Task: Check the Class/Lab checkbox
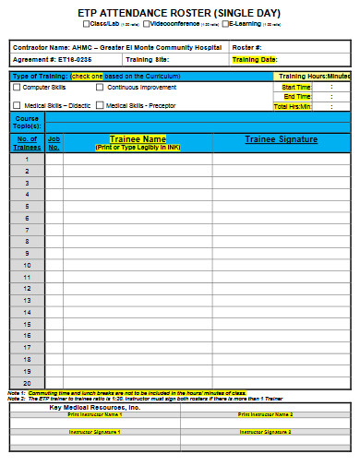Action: (86, 24)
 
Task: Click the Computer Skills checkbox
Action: (17, 87)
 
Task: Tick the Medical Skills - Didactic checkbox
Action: (17, 104)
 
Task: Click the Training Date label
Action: (255, 59)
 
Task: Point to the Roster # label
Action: (247, 46)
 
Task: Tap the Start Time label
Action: (296, 87)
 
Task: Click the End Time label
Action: (297, 96)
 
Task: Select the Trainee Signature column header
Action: (281, 139)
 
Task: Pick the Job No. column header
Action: (54, 143)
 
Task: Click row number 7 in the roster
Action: (28, 229)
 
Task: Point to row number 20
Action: (28, 383)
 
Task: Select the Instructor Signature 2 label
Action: (264, 431)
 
